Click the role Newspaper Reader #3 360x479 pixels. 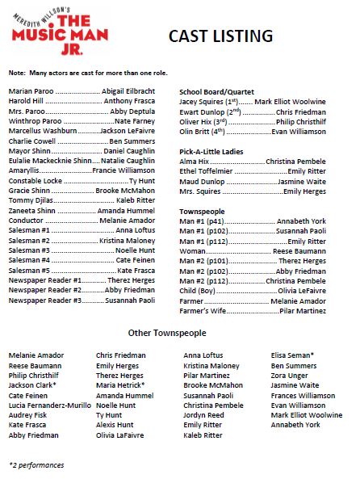pos(45,300)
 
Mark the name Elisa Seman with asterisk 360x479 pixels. pos(293,355)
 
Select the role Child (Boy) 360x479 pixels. pos(197,289)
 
